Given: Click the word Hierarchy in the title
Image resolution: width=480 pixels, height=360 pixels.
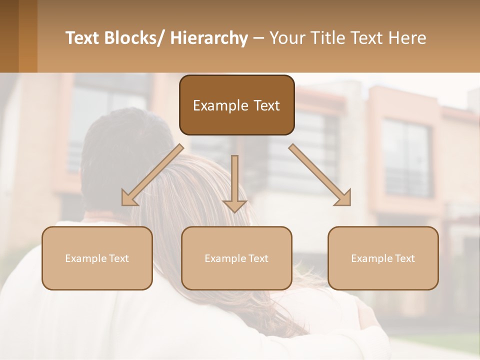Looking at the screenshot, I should click(x=209, y=38).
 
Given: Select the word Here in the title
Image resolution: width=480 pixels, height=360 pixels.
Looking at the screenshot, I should click(x=408, y=38).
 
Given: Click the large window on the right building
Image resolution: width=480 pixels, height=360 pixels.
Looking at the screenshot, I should click(x=405, y=157).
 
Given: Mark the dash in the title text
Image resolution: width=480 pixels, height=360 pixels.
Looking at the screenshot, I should click(x=258, y=38).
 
